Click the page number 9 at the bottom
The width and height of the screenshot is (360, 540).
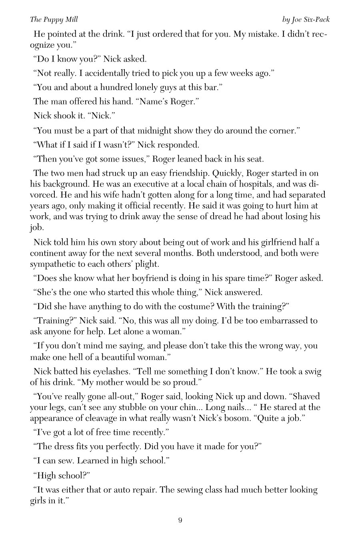click(x=180, y=520)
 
